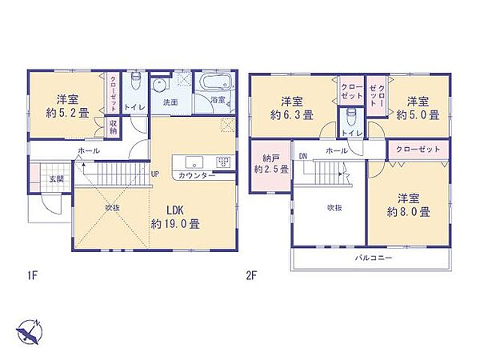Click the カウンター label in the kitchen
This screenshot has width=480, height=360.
point(197,175)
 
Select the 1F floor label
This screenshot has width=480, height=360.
point(32,276)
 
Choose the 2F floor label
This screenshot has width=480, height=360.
point(250,276)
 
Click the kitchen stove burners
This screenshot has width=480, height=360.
point(223,162)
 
